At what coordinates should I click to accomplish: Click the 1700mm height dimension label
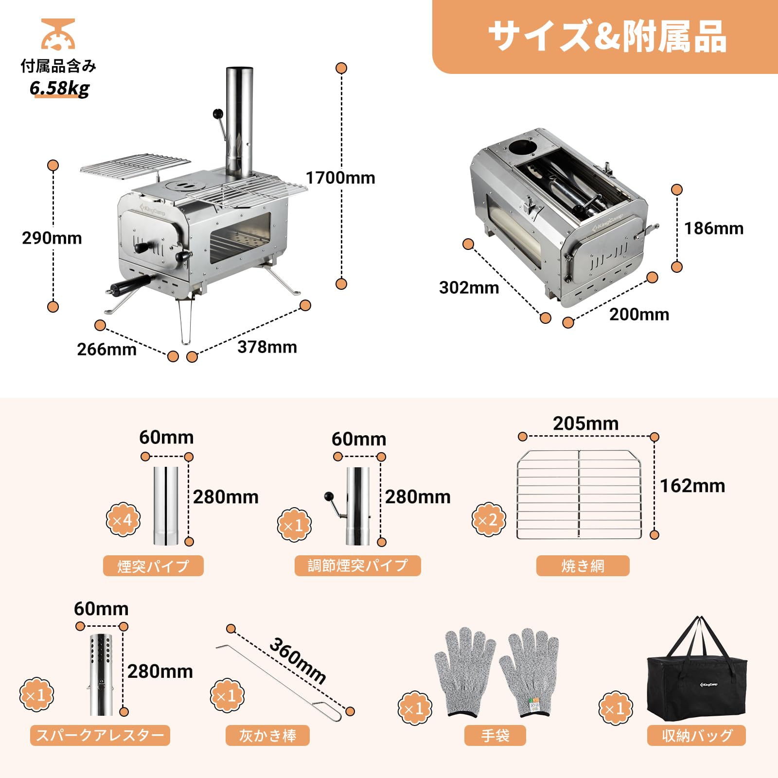340,178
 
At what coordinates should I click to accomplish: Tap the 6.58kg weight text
59,88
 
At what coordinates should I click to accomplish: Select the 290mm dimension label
52,238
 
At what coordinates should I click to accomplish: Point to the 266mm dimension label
107,349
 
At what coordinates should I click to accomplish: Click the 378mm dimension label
267,347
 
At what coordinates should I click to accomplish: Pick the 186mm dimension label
714,229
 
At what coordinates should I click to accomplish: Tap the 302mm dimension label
469,288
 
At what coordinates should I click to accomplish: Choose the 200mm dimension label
639,315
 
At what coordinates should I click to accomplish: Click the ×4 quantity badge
123,520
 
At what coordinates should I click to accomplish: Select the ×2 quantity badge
488,520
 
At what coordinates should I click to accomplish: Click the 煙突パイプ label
153,566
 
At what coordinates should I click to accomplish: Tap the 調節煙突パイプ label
357,566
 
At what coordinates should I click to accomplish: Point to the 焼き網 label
583,566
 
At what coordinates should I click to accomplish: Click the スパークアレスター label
100,735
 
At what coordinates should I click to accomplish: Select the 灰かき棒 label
267,735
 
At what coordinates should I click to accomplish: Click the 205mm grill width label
585,424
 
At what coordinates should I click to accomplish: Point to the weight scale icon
58,34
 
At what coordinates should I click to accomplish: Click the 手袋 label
495,735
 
